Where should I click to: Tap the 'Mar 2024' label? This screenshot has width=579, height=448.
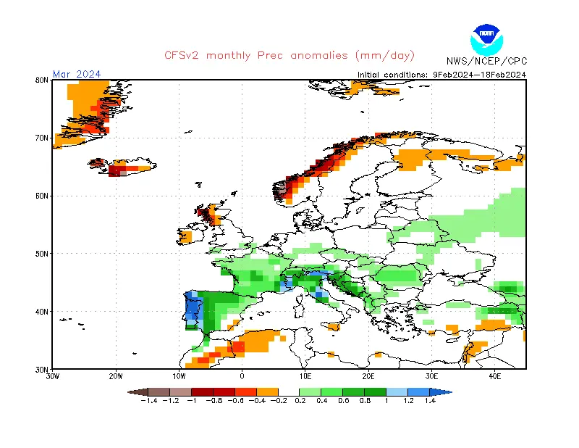(x=77, y=74)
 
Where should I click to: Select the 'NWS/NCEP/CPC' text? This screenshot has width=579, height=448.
(x=486, y=61)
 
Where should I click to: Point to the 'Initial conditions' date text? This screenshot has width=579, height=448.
(x=441, y=74)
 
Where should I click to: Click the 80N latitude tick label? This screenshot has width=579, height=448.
(x=42, y=80)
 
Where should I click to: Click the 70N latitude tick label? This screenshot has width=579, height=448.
(x=42, y=138)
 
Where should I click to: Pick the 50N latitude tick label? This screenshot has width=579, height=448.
(x=42, y=254)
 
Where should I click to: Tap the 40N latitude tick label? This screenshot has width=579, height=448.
(x=42, y=312)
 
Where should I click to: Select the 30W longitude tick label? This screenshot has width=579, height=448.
(x=53, y=376)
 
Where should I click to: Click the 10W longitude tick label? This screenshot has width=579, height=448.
(x=179, y=376)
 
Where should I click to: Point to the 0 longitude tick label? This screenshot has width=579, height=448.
(x=242, y=376)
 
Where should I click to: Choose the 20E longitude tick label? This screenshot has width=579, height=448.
(x=368, y=376)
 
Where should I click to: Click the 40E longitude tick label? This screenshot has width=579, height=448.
(x=495, y=376)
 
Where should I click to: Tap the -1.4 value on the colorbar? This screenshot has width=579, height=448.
(x=150, y=400)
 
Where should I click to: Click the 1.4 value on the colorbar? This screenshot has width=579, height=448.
(x=429, y=400)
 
